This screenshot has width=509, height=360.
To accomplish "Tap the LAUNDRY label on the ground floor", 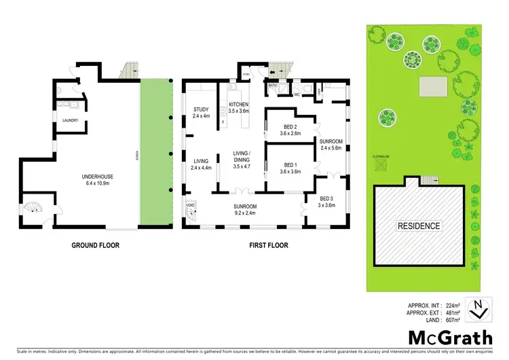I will pyautogui.click(x=71, y=121).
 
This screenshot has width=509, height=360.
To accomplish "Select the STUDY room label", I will pyautogui.click(x=200, y=109).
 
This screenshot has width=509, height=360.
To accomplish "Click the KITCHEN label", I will pyautogui.click(x=239, y=104).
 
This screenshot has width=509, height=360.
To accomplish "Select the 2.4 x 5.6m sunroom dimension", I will pyautogui.click(x=331, y=147).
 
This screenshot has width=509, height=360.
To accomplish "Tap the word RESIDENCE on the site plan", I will pyautogui.click(x=418, y=226).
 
